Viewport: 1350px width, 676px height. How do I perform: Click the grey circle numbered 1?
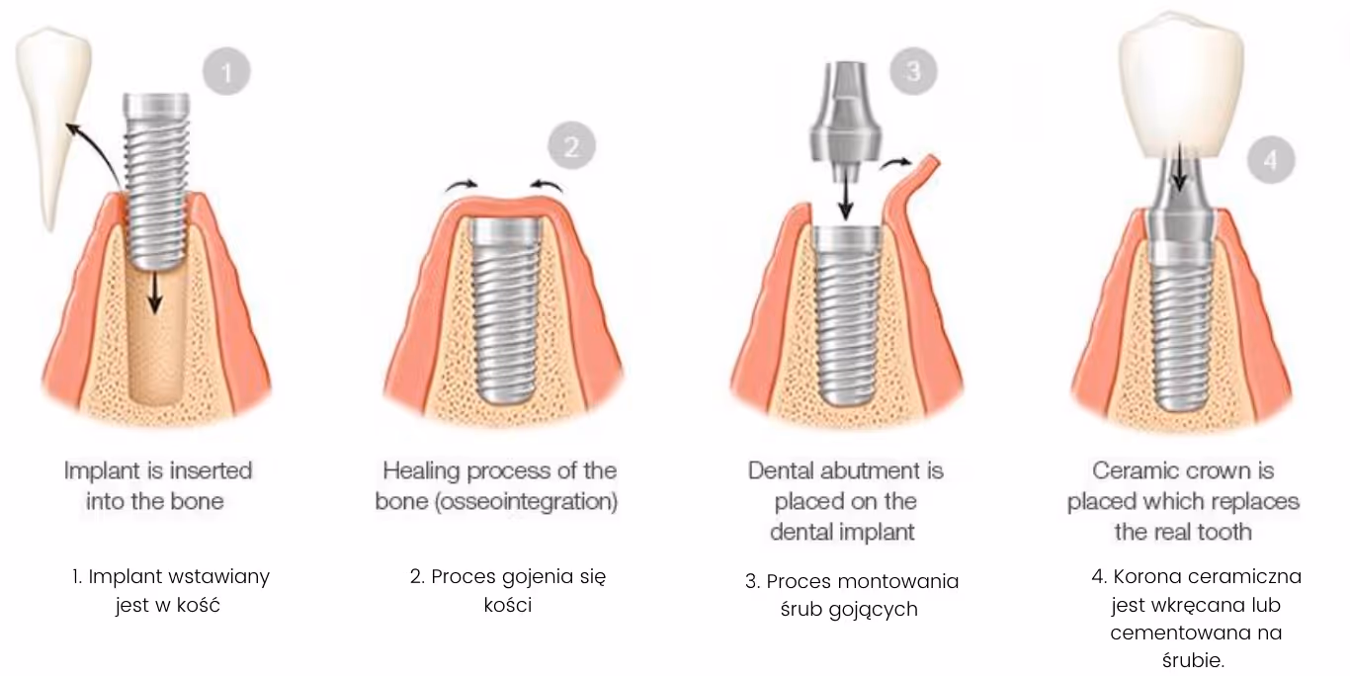[227, 71]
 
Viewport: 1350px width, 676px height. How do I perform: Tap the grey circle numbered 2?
[572, 147]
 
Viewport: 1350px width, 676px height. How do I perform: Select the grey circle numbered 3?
[912, 71]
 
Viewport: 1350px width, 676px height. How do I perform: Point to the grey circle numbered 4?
[1270, 160]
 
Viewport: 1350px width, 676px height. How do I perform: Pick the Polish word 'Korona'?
[1147, 576]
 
